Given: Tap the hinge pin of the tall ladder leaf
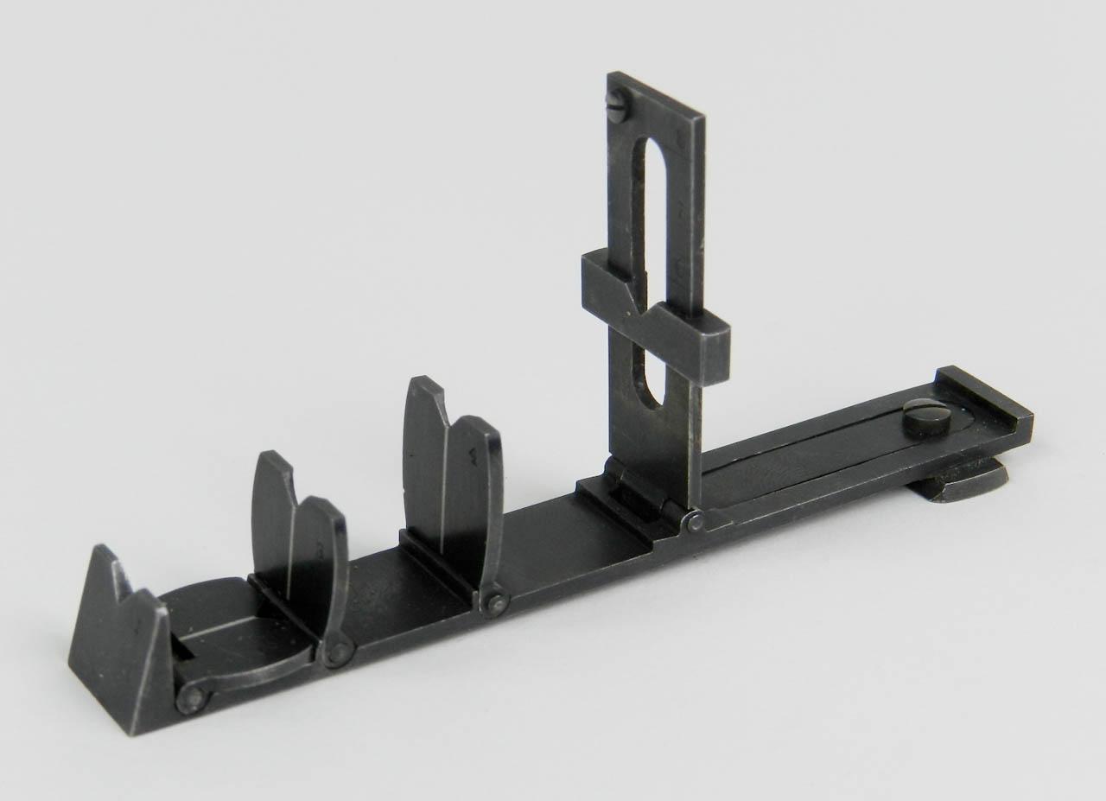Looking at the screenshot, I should pyautogui.click(x=694, y=522).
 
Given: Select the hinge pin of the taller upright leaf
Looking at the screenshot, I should pyautogui.click(x=495, y=603).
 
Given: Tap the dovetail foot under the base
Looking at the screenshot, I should pyautogui.click(x=959, y=481).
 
